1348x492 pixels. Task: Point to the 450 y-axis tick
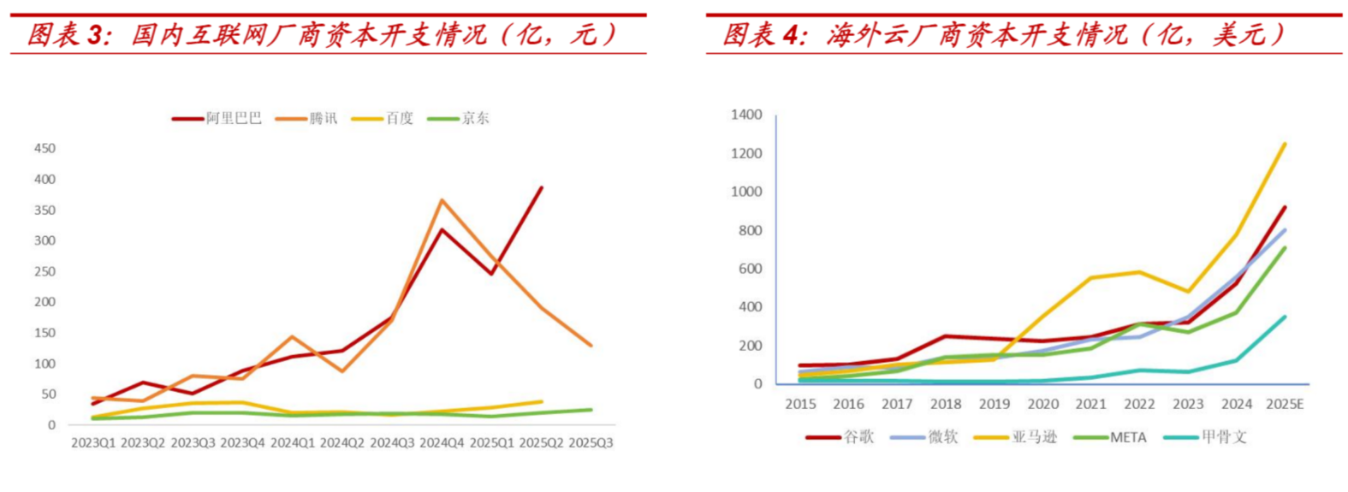[x=45, y=148]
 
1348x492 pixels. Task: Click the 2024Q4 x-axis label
[x=442, y=442]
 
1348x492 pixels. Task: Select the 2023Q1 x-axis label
[x=92, y=442]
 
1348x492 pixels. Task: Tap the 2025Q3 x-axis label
[x=591, y=442]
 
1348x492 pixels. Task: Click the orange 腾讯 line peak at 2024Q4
[x=442, y=200]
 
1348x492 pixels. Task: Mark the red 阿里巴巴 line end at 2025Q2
[x=541, y=187]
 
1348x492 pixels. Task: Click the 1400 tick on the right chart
[x=746, y=115]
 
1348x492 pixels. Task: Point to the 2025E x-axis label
[x=1285, y=404]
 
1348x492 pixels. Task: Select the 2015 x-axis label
[x=800, y=404]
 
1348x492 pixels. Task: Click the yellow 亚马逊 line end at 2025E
[x=1285, y=144]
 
